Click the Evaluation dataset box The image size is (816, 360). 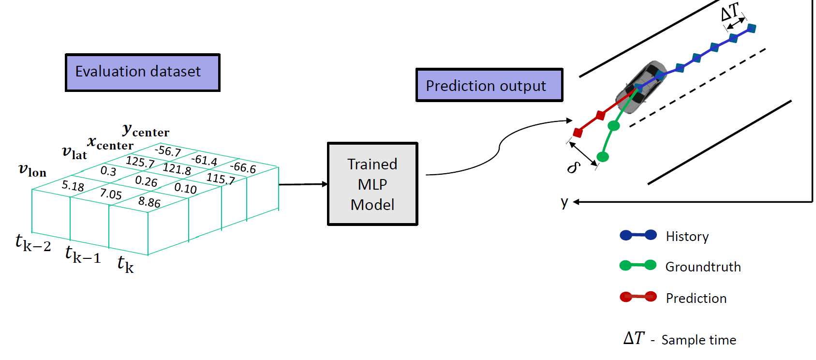click(x=142, y=73)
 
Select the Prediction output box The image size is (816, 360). click(x=489, y=85)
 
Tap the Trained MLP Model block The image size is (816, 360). click(x=372, y=184)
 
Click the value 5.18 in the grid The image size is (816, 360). click(x=73, y=186)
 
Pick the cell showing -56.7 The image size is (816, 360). click(x=167, y=151)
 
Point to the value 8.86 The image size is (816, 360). click(x=149, y=202)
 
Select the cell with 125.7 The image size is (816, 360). click(x=140, y=162)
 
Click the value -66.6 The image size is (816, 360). click(x=243, y=167)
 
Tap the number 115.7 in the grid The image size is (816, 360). click(x=220, y=179)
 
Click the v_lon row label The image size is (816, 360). click(x=32, y=170)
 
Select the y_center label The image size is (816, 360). click(x=146, y=130)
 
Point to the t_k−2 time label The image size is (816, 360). click(x=33, y=242)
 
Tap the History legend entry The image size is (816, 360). click(x=687, y=236)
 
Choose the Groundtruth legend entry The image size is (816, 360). click(x=703, y=267)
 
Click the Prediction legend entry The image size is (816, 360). click(x=696, y=298)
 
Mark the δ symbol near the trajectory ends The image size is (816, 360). click(x=574, y=167)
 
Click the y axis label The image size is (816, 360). click(x=564, y=202)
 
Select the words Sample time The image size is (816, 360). click(x=698, y=340)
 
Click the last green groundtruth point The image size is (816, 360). click(x=603, y=157)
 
